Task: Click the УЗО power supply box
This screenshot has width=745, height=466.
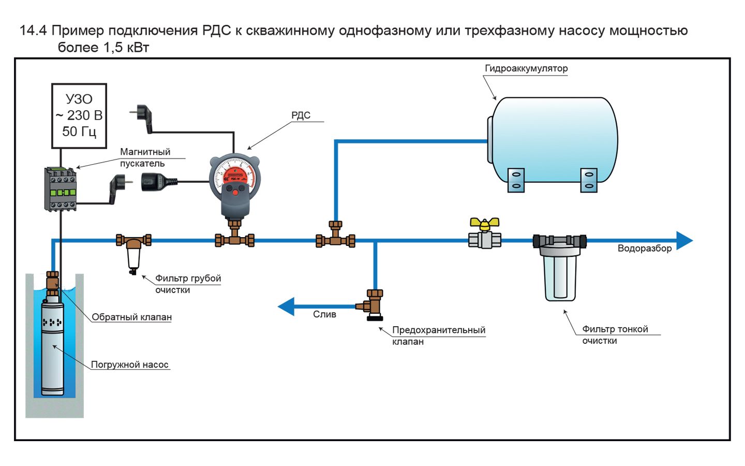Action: (79, 115)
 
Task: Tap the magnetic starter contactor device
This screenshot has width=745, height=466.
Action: (61, 189)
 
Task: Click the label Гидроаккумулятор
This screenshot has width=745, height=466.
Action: (526, 68)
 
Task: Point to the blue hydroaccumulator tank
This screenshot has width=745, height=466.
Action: (554, 140)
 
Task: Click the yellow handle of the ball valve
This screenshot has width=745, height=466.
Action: (484, 223)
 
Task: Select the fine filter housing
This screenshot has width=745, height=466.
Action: (560, 272)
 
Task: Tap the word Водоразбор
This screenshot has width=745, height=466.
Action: (645, 249)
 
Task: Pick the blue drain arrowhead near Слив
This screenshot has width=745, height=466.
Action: (286, 307)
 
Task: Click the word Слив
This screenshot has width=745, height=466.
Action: (324, 314)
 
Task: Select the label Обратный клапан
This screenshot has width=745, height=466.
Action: (131, 317)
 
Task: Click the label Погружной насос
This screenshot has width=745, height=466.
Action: (130, 365)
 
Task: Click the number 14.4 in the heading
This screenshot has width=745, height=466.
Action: (33, 31)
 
